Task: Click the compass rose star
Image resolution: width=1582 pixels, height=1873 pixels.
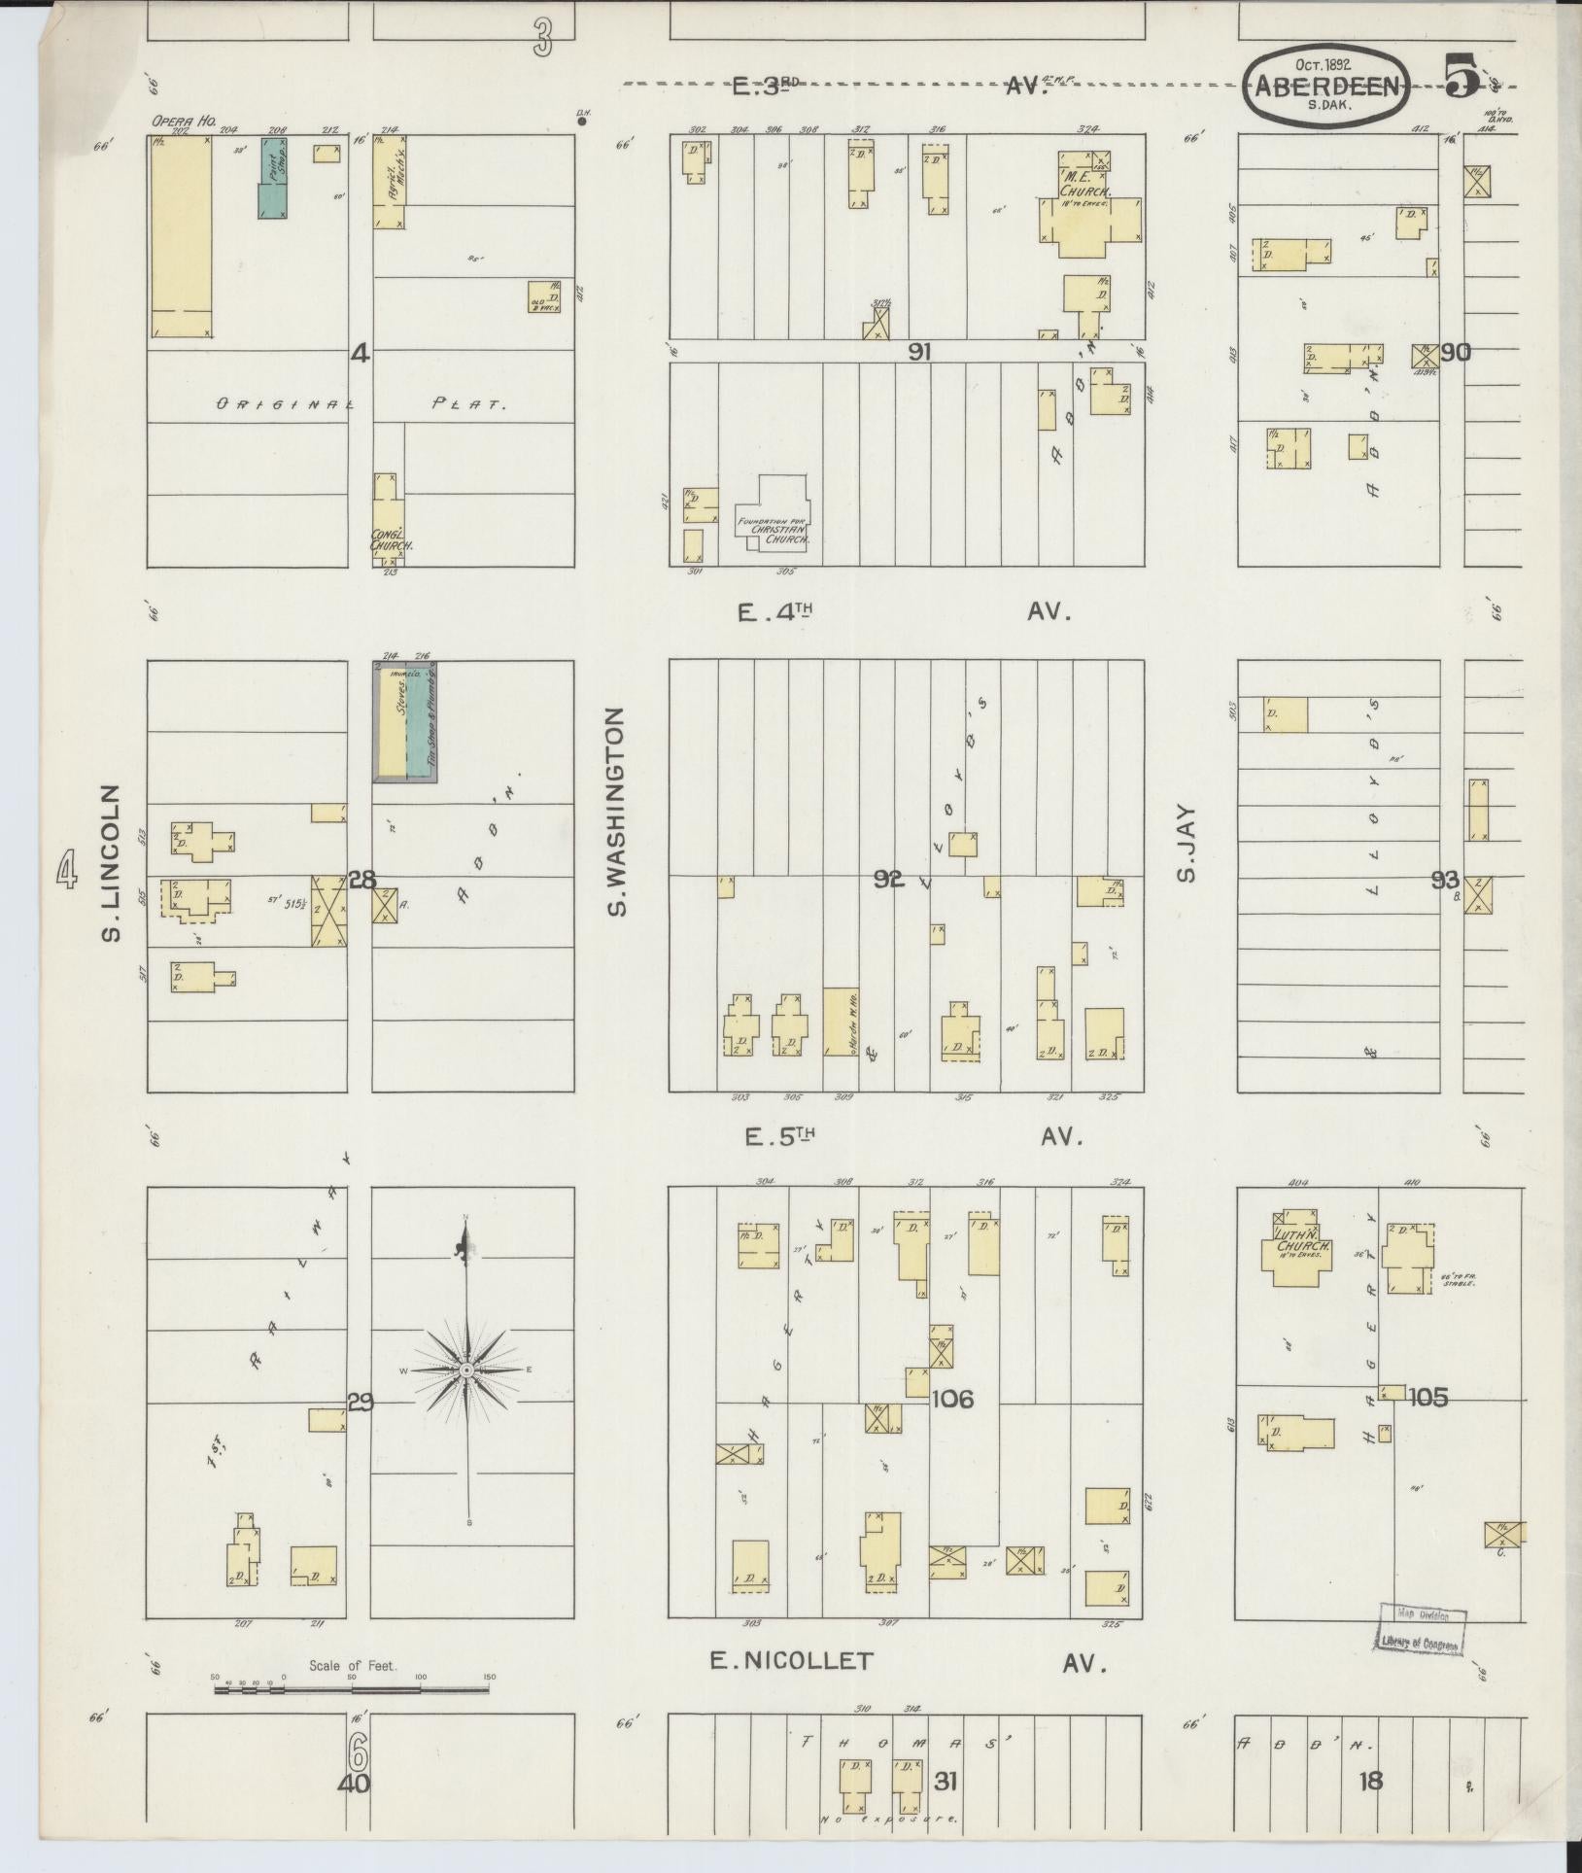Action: (467, 1370)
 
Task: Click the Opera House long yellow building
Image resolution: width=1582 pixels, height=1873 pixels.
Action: (181, 236)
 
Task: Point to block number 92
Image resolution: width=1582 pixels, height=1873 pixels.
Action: (888, 880)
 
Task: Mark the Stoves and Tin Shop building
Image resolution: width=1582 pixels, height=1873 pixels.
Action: (406, 721)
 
